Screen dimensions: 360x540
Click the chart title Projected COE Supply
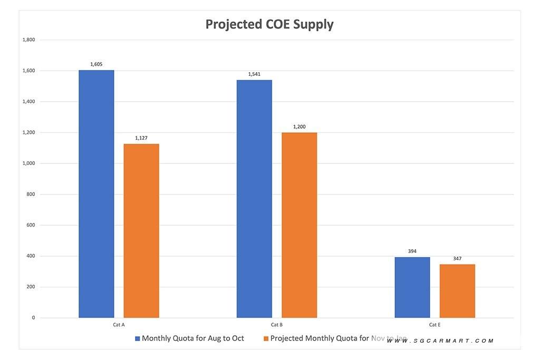pos(269,24)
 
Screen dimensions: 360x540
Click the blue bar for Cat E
pos(412,287)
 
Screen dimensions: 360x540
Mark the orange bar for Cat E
pos(457,291)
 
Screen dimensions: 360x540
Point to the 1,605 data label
pos(97,64)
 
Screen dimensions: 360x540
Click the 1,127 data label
pos(141,138)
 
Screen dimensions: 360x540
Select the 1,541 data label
pos(254,74)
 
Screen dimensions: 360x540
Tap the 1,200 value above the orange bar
pos(299,127)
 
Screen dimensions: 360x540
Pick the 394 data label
pos(412,251)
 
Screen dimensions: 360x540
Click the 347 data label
pos(457,259)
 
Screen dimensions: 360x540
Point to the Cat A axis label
pos(119,325)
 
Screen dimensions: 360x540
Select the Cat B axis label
pos(277,325)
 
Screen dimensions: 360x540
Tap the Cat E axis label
pos(435,325)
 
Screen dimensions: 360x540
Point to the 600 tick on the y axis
pos(30,225)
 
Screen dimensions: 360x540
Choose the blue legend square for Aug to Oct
pos(138,339)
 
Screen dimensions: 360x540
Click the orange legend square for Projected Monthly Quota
pos(266,339)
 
